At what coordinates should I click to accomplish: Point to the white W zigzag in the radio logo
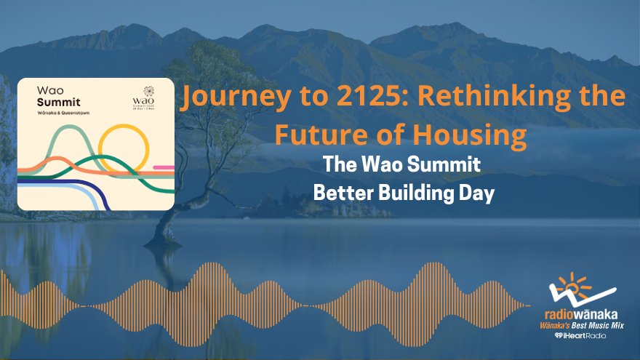pos(572,297)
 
